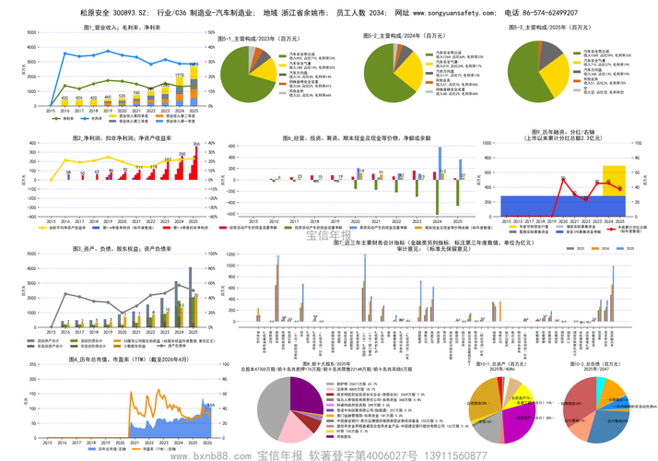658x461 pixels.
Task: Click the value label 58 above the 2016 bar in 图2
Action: point(68,172)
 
